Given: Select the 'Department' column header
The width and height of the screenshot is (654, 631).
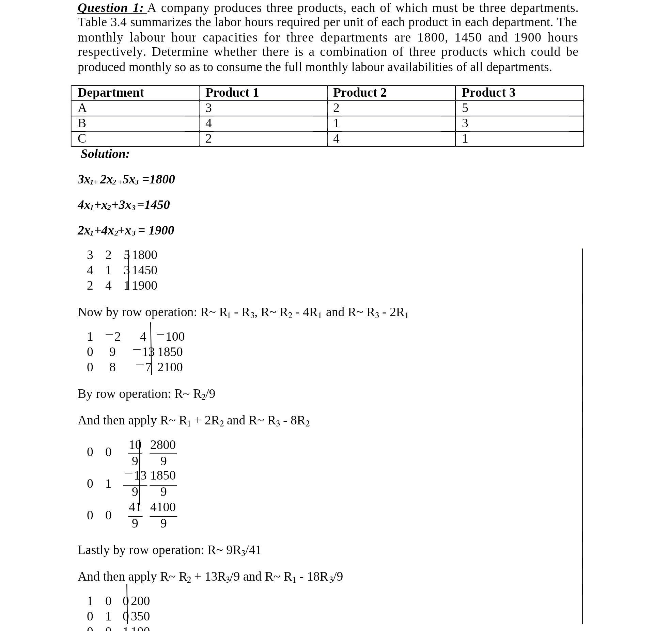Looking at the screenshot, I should [x=111, y=93].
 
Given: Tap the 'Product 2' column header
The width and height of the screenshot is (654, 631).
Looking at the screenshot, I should [x=360, y=93].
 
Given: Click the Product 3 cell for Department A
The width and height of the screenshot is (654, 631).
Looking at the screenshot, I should [x=465, y=108].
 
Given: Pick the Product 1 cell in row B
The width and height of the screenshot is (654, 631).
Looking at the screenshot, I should [x=208, y=123].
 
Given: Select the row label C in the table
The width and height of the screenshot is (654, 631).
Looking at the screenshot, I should [x=82, y=139].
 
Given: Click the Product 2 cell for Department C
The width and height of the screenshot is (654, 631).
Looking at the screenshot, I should [x=336, y=139].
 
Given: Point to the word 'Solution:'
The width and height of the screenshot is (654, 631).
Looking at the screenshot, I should [x=105, y=154].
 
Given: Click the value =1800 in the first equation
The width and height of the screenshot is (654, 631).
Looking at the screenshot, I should [x=158, y=179].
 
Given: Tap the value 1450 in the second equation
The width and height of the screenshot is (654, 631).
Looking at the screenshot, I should [x=157, y=205].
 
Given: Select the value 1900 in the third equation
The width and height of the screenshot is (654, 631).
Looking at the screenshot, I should [x=161, y=230].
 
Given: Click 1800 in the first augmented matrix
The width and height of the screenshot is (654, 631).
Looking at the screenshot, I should [x=144, y=255].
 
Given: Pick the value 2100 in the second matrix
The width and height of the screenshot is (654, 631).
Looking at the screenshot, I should [x=170, y=367].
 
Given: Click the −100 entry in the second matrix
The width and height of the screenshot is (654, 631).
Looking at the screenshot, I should [x=171, y=337].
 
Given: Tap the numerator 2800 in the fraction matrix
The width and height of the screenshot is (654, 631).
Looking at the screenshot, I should [x=163, y=445].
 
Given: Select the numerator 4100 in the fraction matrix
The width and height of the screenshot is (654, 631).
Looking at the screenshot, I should [x=163, y=507].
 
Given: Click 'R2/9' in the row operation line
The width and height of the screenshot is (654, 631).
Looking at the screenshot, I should [x=204, y=394].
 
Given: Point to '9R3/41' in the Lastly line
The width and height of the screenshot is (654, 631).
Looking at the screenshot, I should [x=244, y=550].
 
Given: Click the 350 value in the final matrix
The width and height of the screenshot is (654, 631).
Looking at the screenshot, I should [x=140, y=616].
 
